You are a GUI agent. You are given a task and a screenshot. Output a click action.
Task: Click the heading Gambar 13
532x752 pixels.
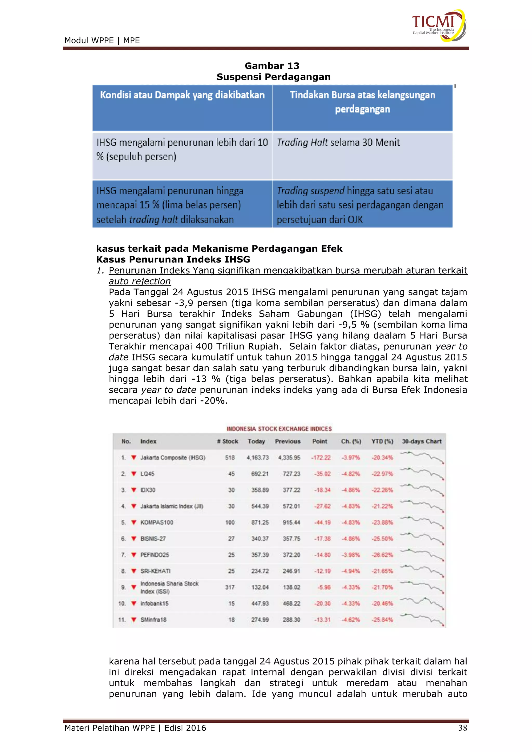coord(272,66)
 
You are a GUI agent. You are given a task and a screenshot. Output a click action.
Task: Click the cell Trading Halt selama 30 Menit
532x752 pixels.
coord(338,143)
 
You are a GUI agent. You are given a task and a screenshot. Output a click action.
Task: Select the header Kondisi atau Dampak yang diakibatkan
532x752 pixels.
coord(182,95)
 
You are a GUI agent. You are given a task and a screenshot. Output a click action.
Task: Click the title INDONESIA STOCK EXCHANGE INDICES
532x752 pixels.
coord(279,429)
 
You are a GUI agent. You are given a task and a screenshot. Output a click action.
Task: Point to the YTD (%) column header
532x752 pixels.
coord(382,441)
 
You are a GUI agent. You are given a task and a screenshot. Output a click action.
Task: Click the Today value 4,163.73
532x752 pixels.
coord(257,458)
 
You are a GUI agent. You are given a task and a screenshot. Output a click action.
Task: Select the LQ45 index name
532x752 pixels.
coord(147,474)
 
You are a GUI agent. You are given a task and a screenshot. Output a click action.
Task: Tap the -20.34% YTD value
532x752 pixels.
coord(382,458)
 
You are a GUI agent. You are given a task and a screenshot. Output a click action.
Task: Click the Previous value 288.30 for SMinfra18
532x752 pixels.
coord(291,620)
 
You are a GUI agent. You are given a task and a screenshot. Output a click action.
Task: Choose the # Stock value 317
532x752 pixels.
coord(230,587)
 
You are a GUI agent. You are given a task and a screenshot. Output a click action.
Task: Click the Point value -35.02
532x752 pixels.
coord(322,474)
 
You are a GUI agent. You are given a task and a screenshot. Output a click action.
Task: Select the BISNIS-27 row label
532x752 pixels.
coord(153,539)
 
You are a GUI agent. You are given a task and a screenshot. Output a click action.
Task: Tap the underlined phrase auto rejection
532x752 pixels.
coord(139,281)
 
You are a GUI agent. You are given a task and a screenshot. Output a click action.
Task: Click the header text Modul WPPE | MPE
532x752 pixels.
coord(102,41)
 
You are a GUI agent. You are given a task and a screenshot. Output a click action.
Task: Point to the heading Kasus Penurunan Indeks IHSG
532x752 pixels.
coord(173,259)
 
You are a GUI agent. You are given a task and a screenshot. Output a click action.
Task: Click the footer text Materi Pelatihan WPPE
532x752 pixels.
coord(109,728)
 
